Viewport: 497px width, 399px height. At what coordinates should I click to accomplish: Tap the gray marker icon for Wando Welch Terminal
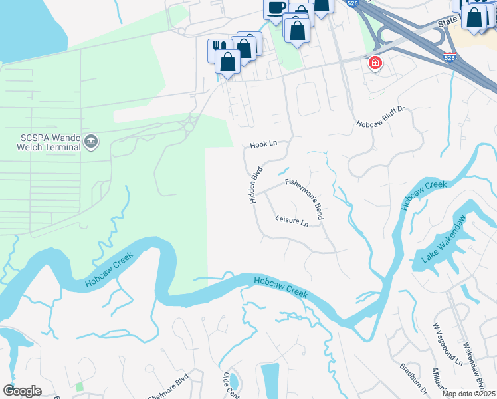(x=92, y=141)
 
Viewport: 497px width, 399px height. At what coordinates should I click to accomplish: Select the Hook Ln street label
(x=262, y=145)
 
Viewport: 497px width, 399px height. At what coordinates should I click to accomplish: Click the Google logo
(x=22, y=391)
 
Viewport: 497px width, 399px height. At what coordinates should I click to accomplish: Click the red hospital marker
(x=375, y=63)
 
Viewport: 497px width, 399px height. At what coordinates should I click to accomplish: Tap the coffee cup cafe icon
(x=276, y=7)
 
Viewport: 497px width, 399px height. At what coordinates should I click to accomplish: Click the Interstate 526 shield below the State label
(x=450, y=58)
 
